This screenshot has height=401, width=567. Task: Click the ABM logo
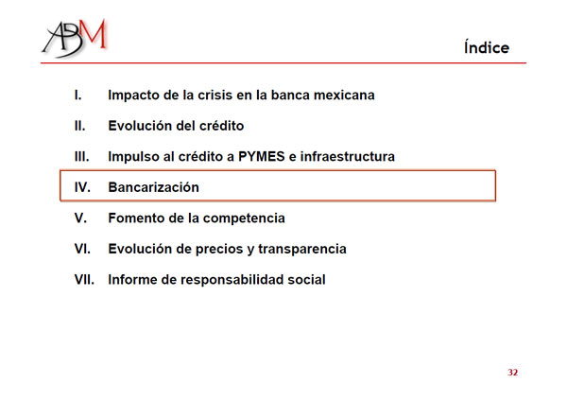pyautogui.click(x=75, y=38)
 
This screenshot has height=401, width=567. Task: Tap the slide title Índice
pyautogui.click(x=487, y=47)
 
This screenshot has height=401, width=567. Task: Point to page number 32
pyautogui.click(x=513, y=373)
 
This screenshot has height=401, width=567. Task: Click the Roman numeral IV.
pyautogui.click(x=82, y=187)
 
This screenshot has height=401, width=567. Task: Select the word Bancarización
pyautogui.click(x=154, y=187)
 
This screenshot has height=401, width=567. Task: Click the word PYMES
pyautogui.click(x=262, y=156)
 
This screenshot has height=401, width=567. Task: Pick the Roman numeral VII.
pyautogui.click(x=84, y=279)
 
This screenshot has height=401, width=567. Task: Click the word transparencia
pyautogui.click(x=302, y=249)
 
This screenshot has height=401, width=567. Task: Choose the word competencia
pyautogui.click(x=244, y=218)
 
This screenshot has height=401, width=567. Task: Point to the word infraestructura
pyautogui.click(x=348, y=156)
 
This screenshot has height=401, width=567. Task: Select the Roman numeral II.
pyautogui.click(x=80, y=126)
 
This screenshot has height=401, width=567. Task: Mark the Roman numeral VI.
pyautogui.click(x=82, y=249)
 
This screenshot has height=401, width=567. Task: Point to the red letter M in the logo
pyautogui.click(x=94, y=33)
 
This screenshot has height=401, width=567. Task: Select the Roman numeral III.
pyautogui.click(x=81, y=156)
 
